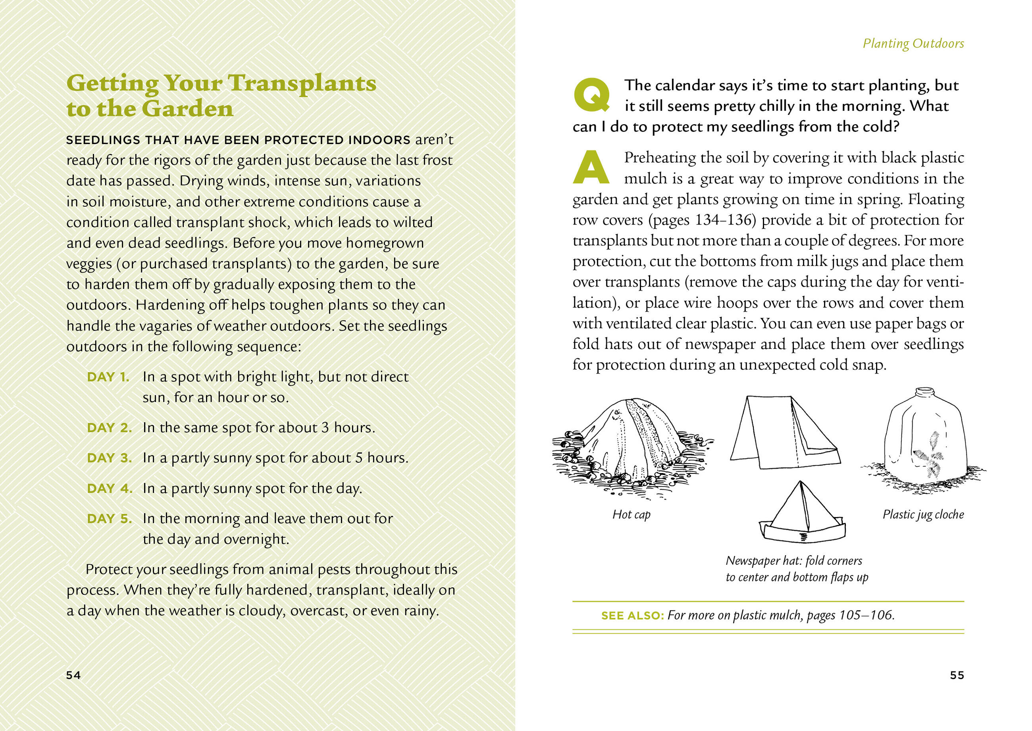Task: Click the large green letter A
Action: [x=591, y=168]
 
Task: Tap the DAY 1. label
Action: [x=108, y=377]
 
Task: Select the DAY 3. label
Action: [x=110, y=458]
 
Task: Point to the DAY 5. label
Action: [x=110, y=519]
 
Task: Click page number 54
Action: [x=73, y=675]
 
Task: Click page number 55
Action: [x=957, y=675]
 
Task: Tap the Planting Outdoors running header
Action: [x=913, y=44]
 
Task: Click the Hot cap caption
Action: [x=631, y=514]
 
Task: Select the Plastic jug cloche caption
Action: [x=923, y=514]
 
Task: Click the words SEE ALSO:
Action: [x=633, y=616]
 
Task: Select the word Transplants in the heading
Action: [x=302, y=83]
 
